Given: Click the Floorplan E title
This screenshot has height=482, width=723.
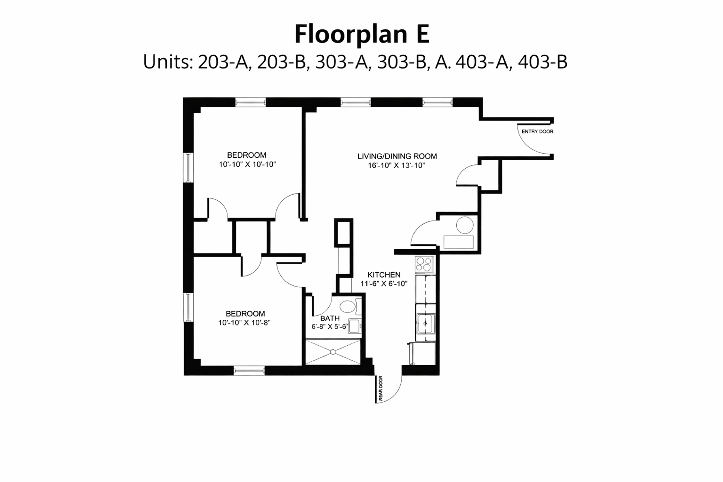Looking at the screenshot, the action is [361, 34].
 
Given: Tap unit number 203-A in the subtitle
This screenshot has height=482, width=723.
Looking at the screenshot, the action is [224, 62].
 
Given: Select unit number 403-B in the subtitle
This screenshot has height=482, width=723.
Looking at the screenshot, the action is [543, 62].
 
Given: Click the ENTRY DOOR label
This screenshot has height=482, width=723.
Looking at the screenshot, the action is [537, 131].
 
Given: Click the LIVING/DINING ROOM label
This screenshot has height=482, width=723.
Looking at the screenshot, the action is [397, 156].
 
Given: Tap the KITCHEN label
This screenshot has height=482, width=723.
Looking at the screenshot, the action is [384, 275].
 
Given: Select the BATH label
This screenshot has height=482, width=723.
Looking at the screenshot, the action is [330, 318].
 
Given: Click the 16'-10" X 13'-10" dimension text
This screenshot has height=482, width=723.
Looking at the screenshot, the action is [397, 165].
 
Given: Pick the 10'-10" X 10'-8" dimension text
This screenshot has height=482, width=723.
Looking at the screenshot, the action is [244, 323].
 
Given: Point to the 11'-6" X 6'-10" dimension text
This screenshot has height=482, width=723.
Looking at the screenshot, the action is [384, 284].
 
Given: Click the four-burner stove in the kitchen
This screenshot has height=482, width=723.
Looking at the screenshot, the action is [424, 264].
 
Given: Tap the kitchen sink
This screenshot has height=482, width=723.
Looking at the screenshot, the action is [426, 323].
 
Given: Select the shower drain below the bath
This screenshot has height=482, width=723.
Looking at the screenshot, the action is [333, 352].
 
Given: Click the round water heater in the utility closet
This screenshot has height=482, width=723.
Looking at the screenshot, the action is [465, 226].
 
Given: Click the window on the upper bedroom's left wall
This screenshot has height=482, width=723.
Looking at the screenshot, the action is [188, 168].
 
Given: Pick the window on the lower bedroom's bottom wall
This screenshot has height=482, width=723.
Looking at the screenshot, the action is [249, 371].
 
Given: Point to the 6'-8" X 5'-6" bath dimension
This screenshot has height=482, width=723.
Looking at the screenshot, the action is [329, 327].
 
